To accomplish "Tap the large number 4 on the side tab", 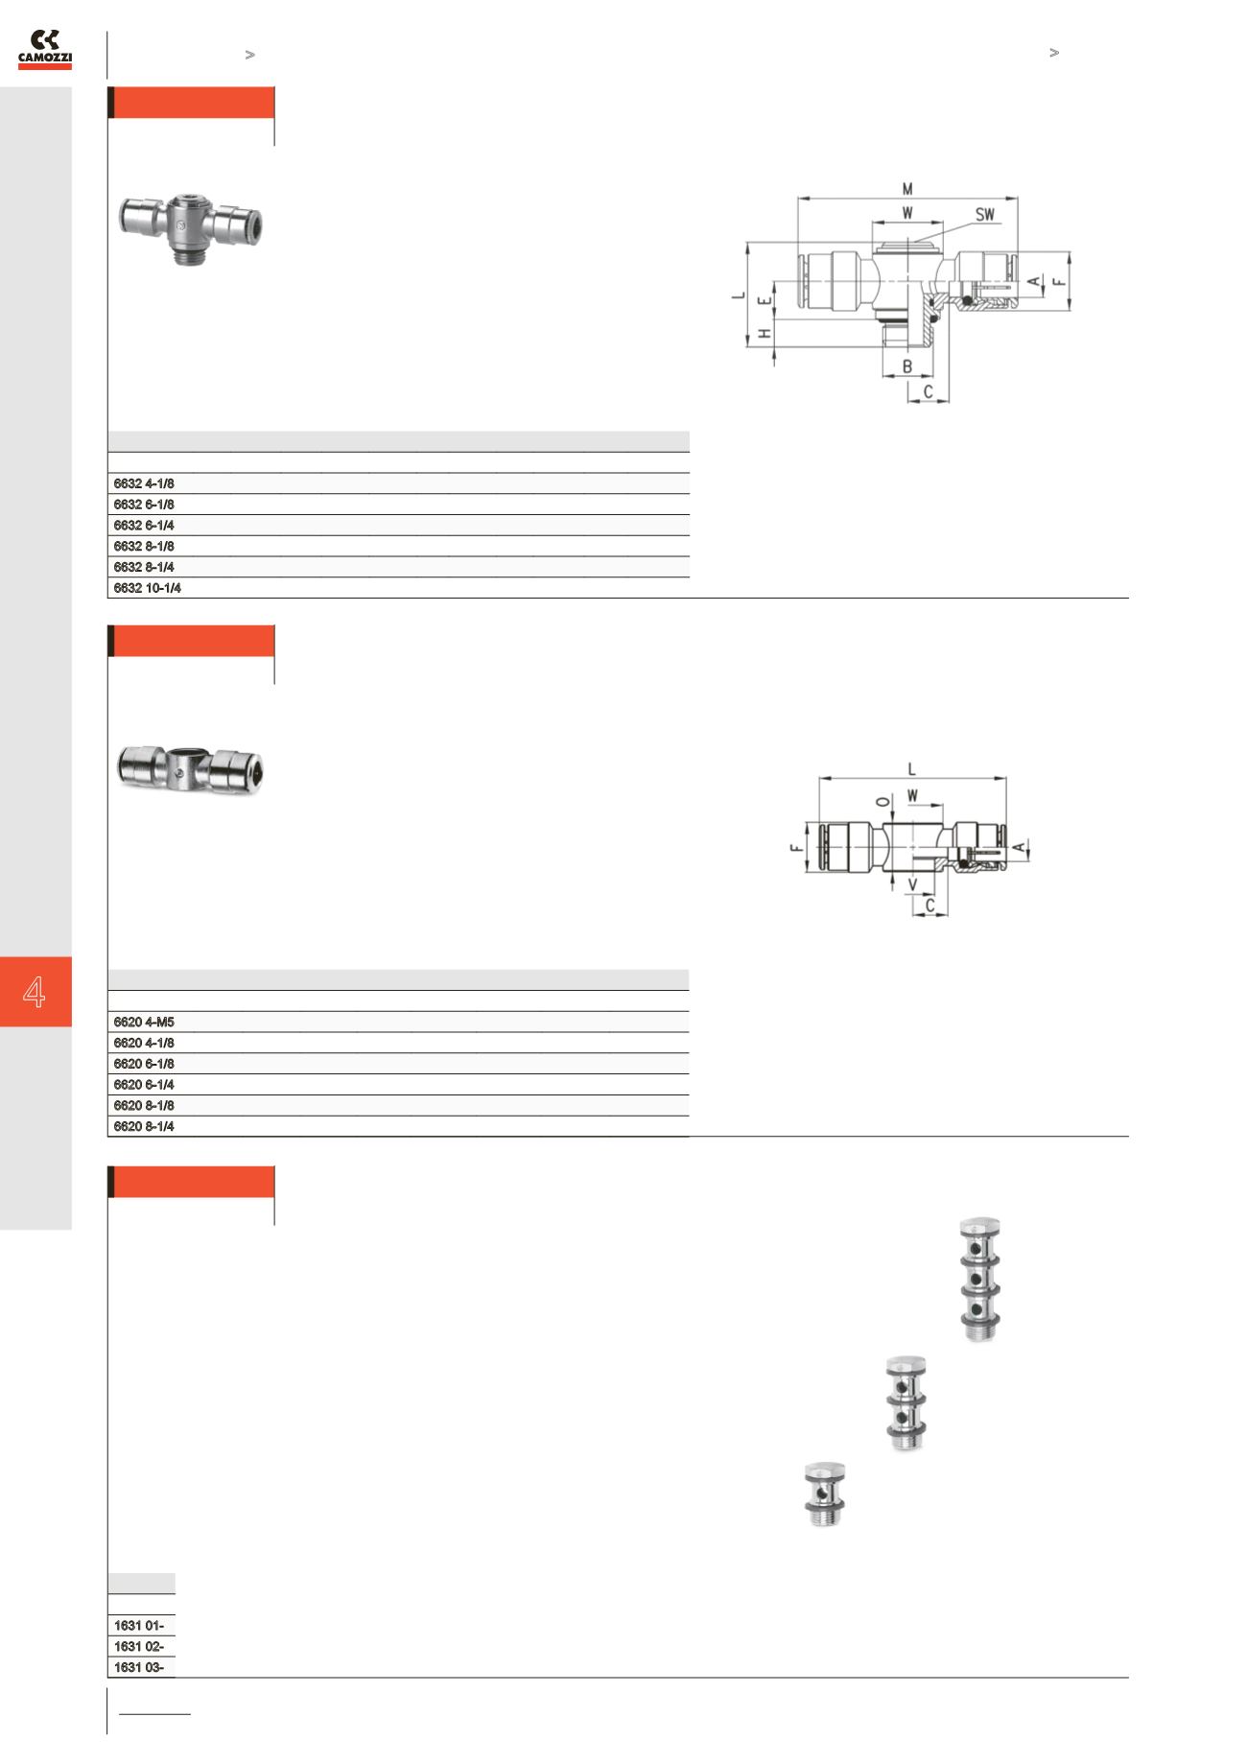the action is [x=35, y=992].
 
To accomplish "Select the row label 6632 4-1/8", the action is [x=144, y=483].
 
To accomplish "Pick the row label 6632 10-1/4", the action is [x=148, y=588].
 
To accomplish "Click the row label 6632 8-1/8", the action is [x=144, y=546].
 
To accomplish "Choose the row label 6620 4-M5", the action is [x=144, y=1023].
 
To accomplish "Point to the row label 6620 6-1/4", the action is [x=144, y=1085].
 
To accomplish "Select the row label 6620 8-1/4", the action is [x=144, y=1127].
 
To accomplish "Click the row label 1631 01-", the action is [x=138, y=1625].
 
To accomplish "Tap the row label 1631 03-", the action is [x=138, y=1667].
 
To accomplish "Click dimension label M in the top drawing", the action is [x=907, y=189].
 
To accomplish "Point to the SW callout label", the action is [x=985, y=215].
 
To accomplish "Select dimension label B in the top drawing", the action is [x=907, y=366].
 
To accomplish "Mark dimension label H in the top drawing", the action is [x=765, y=334].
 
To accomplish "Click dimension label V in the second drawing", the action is [x=913, y=883].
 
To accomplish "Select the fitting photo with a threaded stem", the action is [x=193, y=227].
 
